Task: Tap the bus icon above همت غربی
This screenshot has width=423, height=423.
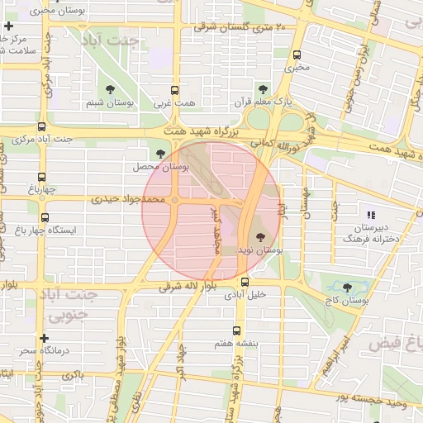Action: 173,91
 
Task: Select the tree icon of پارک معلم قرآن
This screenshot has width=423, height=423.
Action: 263,88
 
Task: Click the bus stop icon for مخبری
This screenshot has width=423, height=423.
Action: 297,55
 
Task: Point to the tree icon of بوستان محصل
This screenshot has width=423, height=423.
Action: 160,153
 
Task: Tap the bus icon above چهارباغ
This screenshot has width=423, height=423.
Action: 42,177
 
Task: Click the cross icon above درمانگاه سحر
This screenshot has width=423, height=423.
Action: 44,338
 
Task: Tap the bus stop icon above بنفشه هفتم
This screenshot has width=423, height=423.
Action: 238,330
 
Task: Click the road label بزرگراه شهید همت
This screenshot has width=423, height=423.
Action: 207,132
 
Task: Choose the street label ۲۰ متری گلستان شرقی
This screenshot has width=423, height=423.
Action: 240,27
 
